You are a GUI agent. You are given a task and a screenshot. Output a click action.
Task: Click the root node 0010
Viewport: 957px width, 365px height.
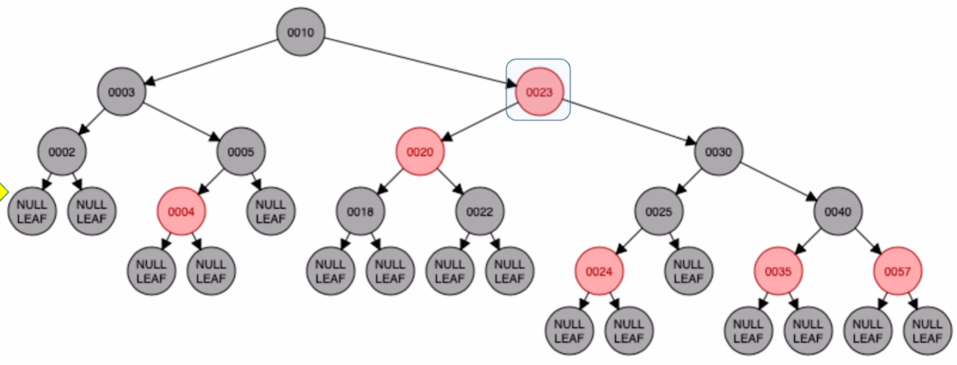click(300, 32)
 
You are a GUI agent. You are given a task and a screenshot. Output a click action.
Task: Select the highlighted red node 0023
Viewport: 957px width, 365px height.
click(539, 92)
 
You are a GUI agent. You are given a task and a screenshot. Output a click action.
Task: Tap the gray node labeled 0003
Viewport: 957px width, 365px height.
click(121, 92)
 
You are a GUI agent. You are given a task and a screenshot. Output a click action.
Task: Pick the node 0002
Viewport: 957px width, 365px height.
click(62, 152)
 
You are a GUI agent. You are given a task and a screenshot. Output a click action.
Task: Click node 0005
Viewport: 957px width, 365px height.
click(241, 152)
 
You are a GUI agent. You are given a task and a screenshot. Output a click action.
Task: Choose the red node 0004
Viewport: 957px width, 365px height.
click(181, 212)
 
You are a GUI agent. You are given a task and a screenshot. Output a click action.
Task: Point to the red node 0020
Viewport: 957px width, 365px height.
click(420, 152)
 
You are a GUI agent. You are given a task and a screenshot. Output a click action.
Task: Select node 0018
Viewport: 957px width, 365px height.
click(360, 212)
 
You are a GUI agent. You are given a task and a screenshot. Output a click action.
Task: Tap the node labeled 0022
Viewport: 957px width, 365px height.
click(479, 212)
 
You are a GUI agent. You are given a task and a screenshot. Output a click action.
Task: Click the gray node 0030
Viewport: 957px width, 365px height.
click(718, 152)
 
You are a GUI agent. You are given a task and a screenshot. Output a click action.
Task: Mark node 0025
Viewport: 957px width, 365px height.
click(658, 212)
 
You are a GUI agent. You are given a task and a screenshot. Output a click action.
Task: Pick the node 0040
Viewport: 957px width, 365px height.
click(838, 212)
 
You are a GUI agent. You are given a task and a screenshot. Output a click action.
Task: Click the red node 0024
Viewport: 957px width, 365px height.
click(599, 271)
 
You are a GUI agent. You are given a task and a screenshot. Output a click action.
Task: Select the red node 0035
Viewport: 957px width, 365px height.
click(778, 271)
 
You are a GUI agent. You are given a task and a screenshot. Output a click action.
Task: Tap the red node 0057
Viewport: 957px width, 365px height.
click(898, 271)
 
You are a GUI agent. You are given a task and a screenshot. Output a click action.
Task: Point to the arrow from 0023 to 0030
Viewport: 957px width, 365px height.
click(630, 122)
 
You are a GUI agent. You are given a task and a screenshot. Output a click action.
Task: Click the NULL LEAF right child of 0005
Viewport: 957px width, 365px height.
click(271, 212)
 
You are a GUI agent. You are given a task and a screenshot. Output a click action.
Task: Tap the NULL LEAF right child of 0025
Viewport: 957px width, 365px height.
click(689, 271)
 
